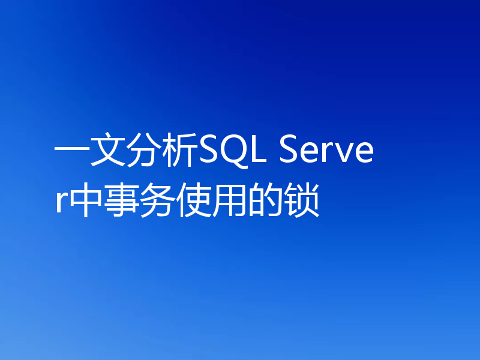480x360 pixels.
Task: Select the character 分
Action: pyautogui.click(x=144, y=154)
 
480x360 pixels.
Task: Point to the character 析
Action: pyautogui.click(x=180, y=154)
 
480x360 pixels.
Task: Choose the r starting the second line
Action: pyautogui.click(x=61, y=204)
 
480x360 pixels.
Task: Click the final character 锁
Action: pyautogui.click(x=301, y=202)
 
